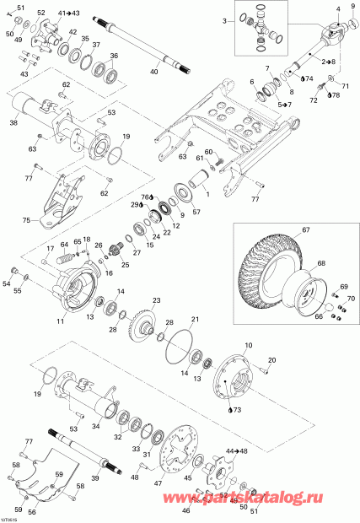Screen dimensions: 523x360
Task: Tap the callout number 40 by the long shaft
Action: (x=153, y=73)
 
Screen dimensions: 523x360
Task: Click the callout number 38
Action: (x=13, y=122)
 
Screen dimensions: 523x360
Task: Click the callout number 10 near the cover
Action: (x=248, y=347)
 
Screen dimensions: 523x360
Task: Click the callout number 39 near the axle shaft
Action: (x=94, y=477)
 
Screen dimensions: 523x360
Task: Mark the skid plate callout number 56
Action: (x=31, y=511)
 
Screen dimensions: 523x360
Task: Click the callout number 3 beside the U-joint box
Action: (x=225, y=19)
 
